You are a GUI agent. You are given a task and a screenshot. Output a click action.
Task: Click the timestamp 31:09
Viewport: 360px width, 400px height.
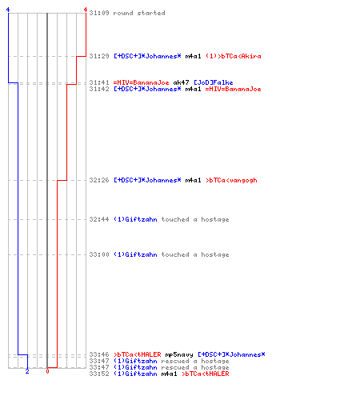click(99, 13)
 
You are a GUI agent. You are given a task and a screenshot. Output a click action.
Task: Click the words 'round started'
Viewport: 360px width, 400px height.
click(139, 13)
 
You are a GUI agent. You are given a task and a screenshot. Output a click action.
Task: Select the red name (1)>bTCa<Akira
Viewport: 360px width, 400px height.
click(234, 56)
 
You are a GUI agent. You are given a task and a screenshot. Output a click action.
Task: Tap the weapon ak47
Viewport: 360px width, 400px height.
click(181, 82)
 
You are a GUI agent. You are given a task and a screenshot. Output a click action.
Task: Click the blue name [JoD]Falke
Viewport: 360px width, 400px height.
click(214, 82)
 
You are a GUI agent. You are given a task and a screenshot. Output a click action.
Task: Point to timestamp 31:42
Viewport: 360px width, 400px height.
click(99, 89)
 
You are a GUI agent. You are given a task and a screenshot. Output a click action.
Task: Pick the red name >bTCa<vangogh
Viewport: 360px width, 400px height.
click(231, 180)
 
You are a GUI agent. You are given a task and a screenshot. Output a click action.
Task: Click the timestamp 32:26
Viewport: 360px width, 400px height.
click(99, 180)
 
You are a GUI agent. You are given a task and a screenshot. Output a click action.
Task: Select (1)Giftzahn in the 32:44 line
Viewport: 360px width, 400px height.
click(135, 219)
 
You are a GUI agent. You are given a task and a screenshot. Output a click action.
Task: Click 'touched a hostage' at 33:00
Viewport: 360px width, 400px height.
click(195, 254)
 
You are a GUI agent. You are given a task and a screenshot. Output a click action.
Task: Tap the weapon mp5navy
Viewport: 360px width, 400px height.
click(179, 354)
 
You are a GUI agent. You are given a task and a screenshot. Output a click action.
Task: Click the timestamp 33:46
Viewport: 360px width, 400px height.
click(99, 354)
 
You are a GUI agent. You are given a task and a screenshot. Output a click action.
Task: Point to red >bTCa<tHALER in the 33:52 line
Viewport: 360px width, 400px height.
click(206, 374)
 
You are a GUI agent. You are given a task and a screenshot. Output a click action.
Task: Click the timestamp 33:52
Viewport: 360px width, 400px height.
click(99, 374)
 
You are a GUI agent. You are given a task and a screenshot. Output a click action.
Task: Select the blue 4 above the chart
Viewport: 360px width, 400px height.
click(8, 10)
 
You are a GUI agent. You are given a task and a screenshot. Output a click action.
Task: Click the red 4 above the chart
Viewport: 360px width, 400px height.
click(86, 10)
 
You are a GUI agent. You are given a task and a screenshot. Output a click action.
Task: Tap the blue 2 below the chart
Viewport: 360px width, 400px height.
click(27, 371)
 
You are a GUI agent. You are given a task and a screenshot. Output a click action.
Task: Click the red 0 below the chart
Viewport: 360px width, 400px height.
click(47, 371)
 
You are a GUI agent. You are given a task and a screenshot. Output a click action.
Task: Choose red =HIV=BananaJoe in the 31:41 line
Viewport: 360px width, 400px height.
click(142, 82)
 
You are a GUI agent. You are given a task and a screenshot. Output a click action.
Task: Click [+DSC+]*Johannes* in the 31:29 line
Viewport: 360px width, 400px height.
click(147, 56)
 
